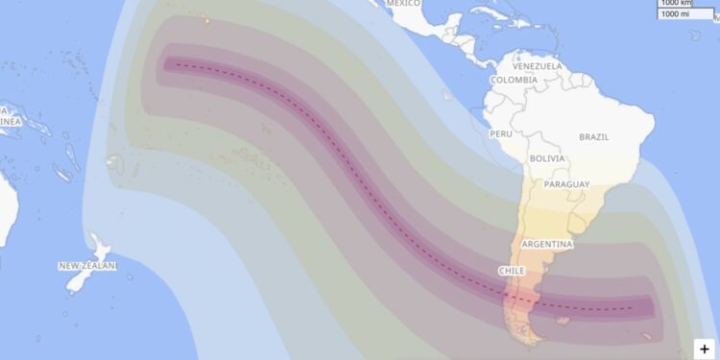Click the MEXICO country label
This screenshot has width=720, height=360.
[x=404, y=3]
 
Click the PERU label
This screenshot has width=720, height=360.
[x=501, y=134]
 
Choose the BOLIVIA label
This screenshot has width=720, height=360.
[x=546, y=158]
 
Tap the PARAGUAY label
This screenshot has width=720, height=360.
[x=566, y=184]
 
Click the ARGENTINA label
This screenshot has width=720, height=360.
[x=546, y=245]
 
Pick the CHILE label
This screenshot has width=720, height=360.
[x=512, y=271]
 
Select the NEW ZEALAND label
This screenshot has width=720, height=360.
[x=86, y=266]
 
